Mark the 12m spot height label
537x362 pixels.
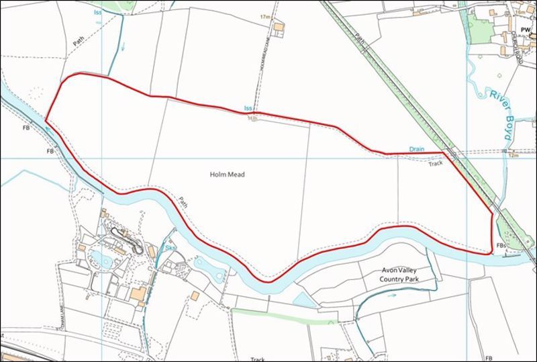pos(514,156)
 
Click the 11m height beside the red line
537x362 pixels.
pos(252,119)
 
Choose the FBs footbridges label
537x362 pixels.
pos(501,246)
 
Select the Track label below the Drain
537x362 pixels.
pos(436,162)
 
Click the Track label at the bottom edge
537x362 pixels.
pos(258,359)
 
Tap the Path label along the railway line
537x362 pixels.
pos(362,42)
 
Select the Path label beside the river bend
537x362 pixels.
pos(183,201)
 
